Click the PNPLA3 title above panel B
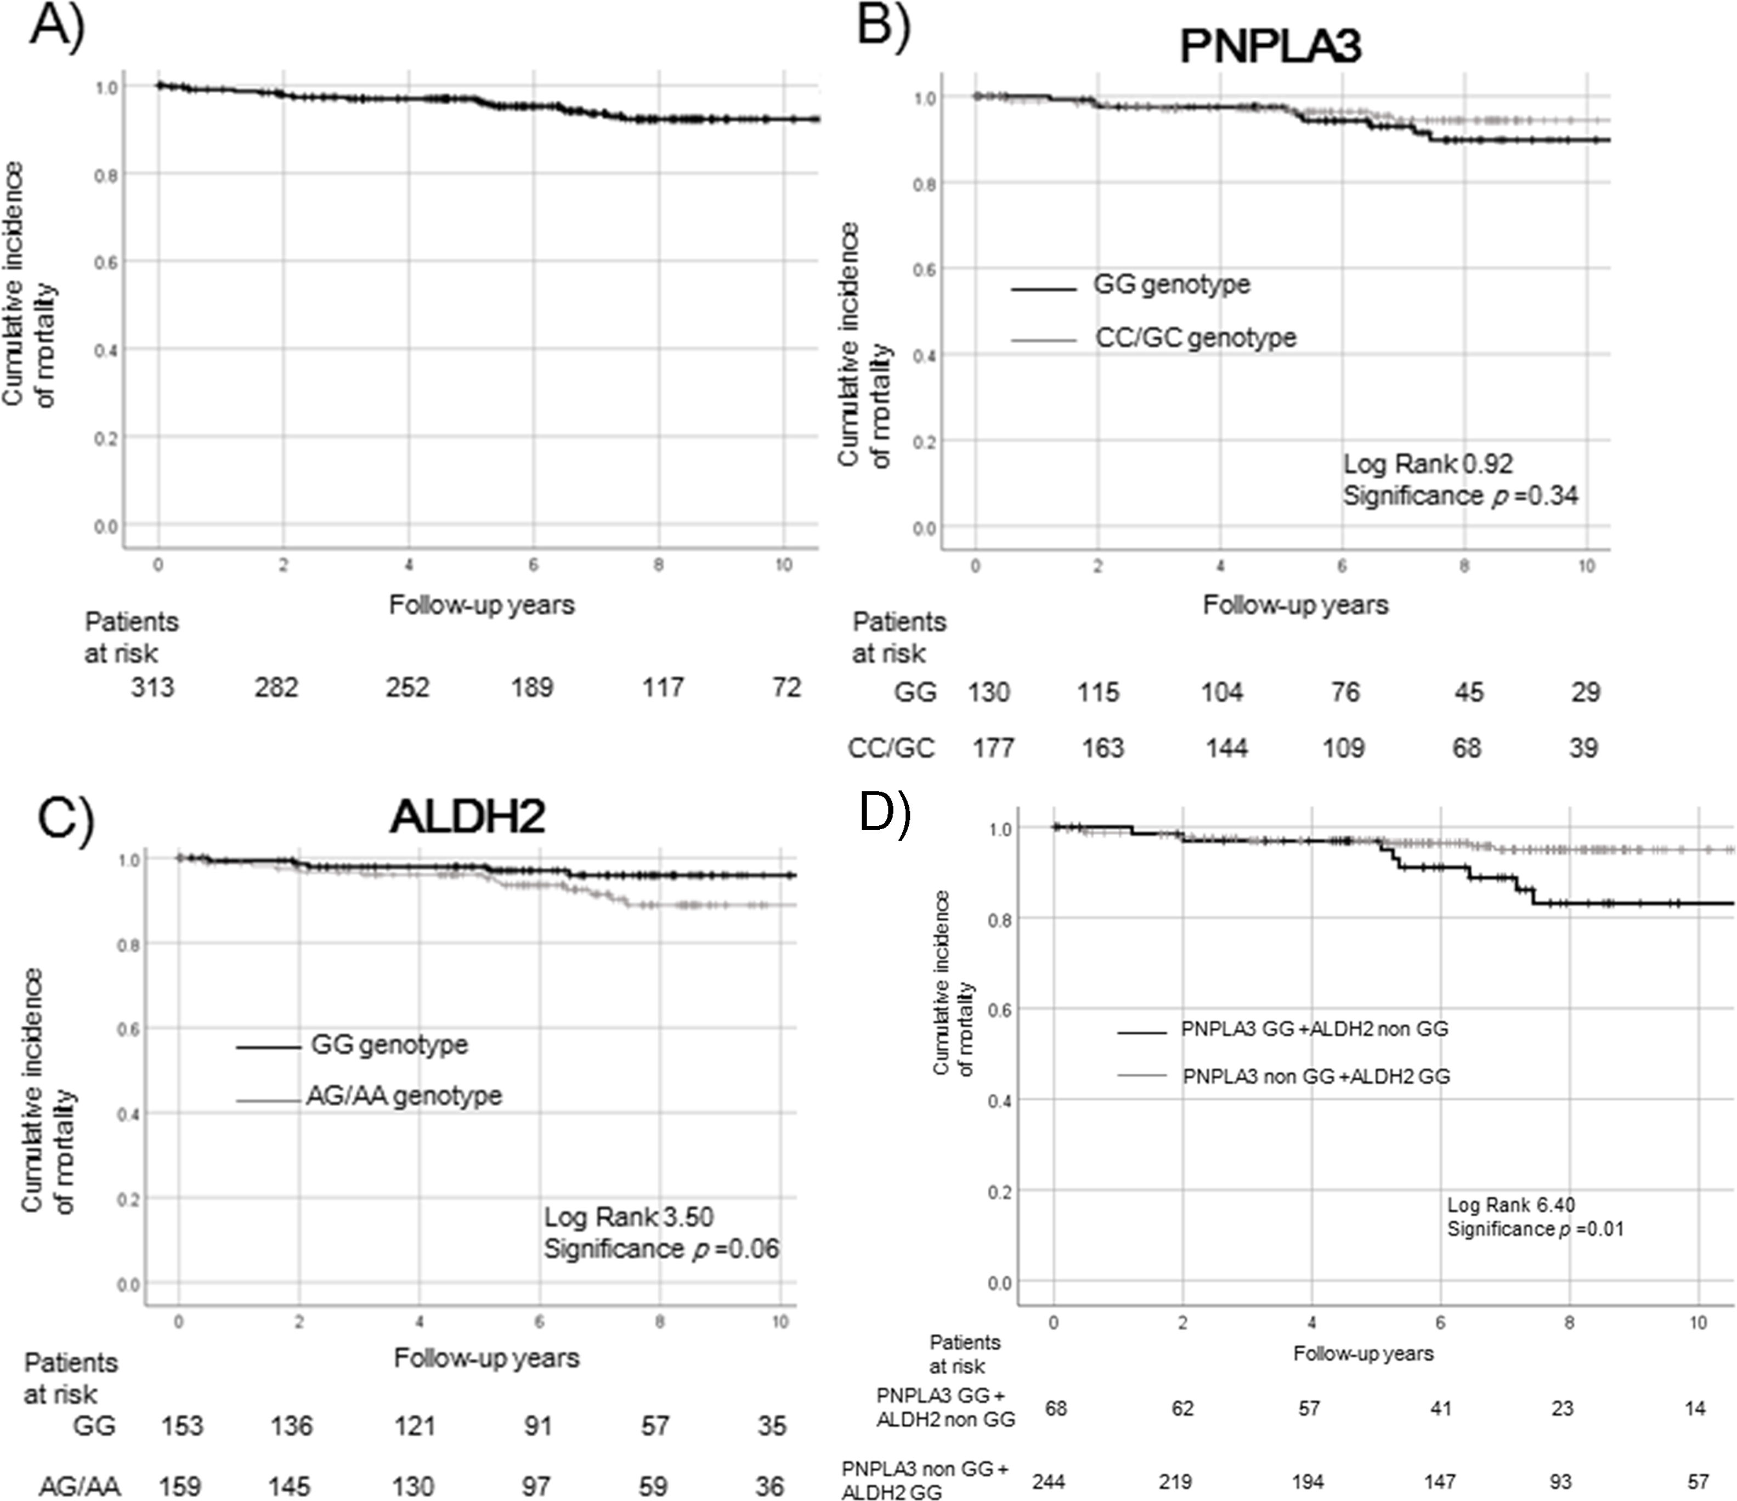tap(1270, 46)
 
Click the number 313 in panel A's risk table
tap(152, 688)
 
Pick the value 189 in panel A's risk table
tap(533, 688)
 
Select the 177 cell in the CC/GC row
tap(993, 747)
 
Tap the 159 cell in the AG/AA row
tap(180, 1486)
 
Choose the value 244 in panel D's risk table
tap(1049, 1482)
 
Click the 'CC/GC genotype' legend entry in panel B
tap(1196, 338)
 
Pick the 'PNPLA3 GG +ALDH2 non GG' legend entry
tap(1314, 1029)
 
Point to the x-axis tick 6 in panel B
tap(1342, 567)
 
